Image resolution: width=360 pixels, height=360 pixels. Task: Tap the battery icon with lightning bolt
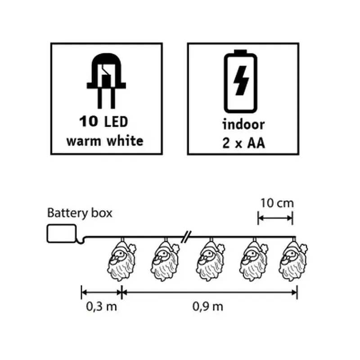(240, 81)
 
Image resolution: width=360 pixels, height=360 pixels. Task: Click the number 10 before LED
(89, 121)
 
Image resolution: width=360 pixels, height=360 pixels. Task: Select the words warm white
(105, 141)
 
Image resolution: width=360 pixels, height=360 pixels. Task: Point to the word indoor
(243, 124)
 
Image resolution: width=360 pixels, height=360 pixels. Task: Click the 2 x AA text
(243, 143)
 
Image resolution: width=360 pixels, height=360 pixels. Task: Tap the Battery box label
(80, 213)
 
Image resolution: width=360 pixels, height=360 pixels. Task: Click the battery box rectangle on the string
(62, 234)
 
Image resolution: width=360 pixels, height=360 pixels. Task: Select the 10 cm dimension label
(277, 203)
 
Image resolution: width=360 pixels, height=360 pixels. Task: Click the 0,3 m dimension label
(102, 306)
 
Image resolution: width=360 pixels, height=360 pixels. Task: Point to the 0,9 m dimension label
(208, 306)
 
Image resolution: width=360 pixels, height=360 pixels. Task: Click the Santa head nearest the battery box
(121, 260)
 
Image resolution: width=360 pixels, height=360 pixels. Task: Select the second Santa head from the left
(165, 260)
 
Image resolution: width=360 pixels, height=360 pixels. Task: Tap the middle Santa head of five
(210, 260)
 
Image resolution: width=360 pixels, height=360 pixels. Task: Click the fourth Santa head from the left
(253, 260)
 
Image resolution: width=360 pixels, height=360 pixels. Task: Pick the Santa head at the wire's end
(293, 260)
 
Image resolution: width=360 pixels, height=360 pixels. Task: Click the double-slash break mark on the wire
(186, 237)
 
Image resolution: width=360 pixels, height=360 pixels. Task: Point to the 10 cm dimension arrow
(275, 218)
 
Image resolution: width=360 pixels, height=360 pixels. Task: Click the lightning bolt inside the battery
(241, 81)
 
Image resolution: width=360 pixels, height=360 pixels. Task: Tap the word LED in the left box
(116, 121)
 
